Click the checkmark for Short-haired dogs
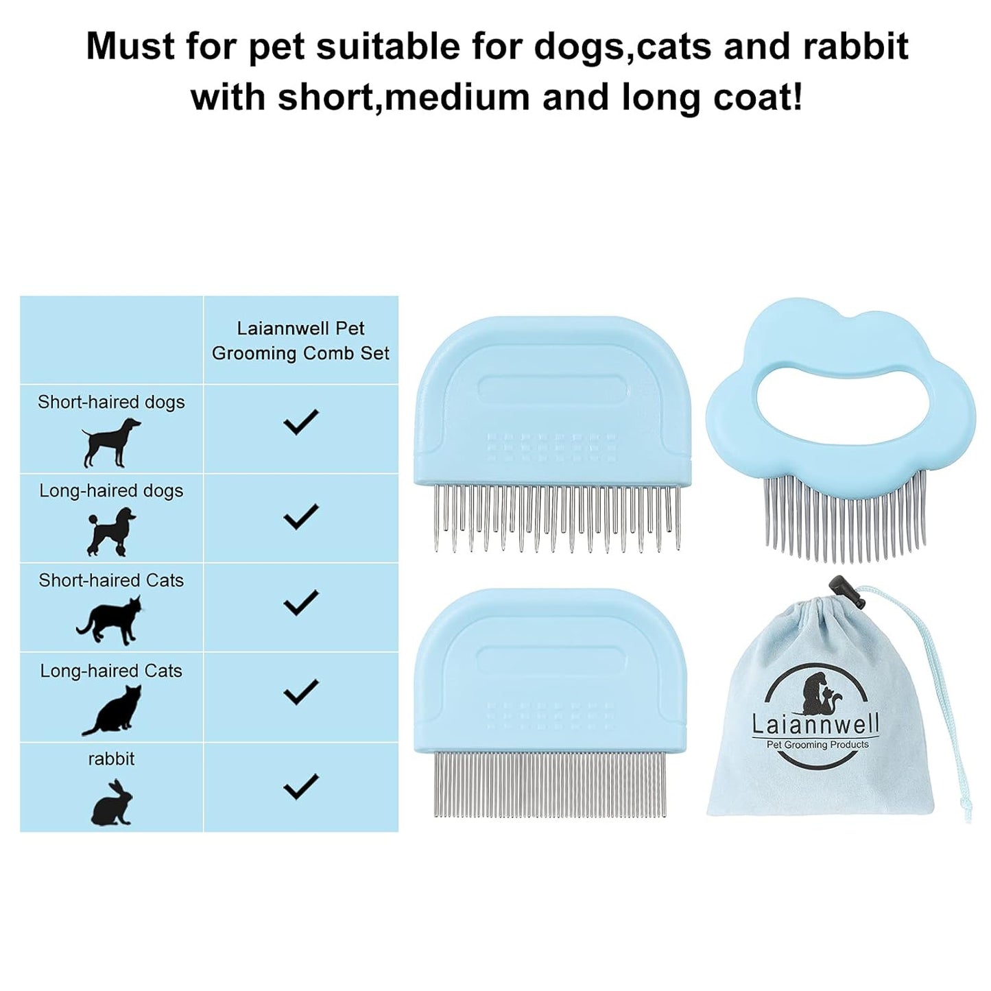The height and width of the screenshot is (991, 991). (x=300, y=421)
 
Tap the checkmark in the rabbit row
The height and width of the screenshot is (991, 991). (x=300, y=786)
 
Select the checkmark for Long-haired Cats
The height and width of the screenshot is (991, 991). (x=300, y=691)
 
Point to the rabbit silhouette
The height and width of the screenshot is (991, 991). (x=111, y=802)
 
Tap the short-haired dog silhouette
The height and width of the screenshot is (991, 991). (x=111, y=442)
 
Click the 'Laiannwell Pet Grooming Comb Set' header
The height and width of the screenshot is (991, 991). (x=300, y=341)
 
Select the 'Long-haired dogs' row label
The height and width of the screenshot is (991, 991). (x=111, y=491)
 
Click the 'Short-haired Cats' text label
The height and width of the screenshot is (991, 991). (x=111, y=581)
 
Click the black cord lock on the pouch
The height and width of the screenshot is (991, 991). (x=837, y=586)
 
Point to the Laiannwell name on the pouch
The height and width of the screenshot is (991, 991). (x=815, y=724)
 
